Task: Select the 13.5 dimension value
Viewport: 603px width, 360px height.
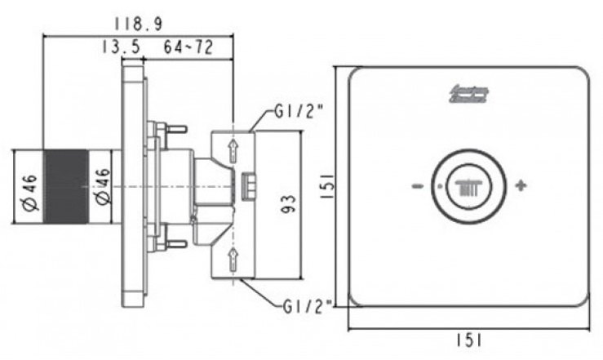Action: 120,48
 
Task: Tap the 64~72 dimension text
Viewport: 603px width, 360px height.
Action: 188,48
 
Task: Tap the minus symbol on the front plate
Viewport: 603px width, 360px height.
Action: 418,187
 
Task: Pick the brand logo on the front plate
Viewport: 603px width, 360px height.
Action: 468,95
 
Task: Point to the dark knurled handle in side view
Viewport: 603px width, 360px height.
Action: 65,187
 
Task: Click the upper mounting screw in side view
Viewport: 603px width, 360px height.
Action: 174,128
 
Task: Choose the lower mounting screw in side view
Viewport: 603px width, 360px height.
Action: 174,244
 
